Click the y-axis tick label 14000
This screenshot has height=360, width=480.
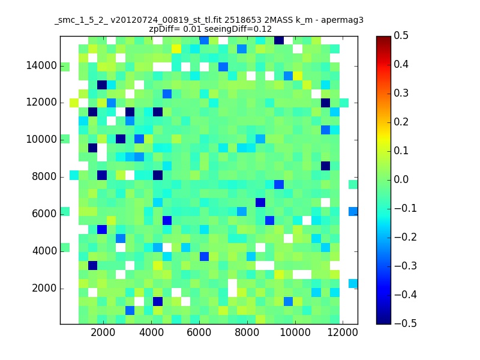point(41,65)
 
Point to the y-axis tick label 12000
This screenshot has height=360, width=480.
point(41,102)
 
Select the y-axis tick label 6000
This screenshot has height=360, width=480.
point(44,214)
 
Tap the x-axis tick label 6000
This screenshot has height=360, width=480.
point(199,332)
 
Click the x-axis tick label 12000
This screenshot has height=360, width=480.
point(343,332)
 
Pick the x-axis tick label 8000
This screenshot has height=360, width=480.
point(247,332)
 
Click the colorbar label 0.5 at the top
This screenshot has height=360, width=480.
point(401,35)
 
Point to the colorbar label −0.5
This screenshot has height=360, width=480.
point(406,323)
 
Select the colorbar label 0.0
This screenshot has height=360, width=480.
point(401,179)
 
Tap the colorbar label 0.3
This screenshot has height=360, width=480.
point(401,93)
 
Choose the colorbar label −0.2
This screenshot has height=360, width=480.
point(406,237)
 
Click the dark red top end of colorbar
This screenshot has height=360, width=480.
point(383,38)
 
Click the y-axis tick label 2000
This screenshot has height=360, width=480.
point(44,288)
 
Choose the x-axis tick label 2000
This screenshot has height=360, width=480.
point(103,332)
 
